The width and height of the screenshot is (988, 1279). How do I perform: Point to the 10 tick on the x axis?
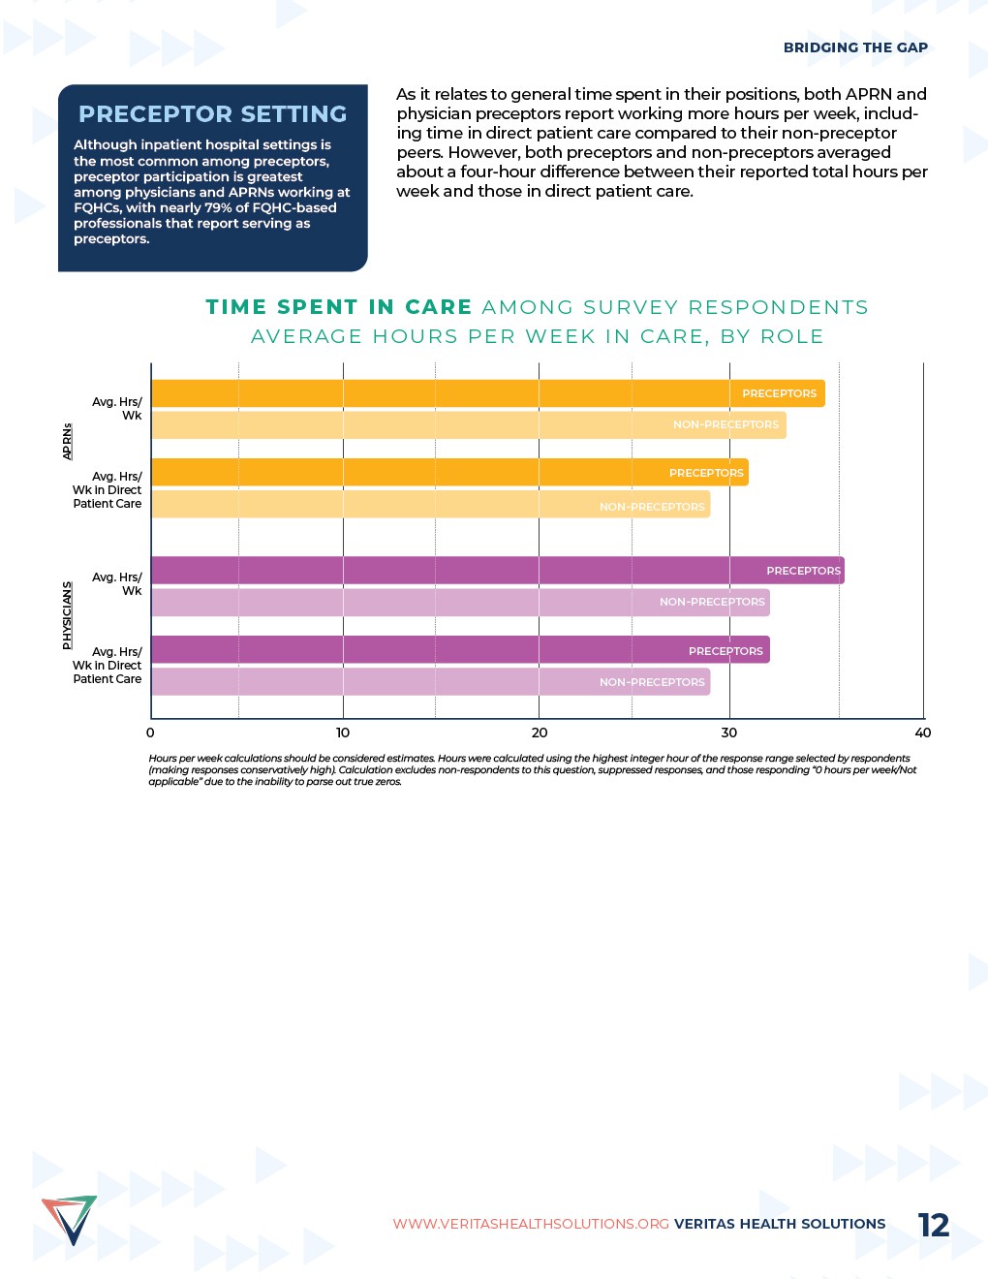343,733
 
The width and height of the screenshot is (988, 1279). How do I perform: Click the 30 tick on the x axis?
729,733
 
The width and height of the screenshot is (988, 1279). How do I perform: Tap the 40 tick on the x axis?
923,733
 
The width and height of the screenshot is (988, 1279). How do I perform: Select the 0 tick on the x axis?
150,733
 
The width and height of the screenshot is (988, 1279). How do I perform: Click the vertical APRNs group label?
67,441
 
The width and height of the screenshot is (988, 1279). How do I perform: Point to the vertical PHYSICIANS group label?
67,615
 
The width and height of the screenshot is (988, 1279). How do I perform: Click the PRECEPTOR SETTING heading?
212,114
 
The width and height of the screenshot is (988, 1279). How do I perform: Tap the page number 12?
934,1225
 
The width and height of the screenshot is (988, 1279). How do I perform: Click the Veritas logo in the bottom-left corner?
69,1220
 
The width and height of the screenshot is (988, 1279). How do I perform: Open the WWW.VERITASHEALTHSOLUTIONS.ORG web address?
531,1224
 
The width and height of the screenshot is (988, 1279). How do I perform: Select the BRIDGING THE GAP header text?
855,47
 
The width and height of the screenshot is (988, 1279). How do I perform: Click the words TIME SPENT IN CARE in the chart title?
339,307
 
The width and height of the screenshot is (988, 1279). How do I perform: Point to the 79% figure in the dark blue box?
219,207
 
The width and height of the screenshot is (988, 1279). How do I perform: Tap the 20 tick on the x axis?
540,733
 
